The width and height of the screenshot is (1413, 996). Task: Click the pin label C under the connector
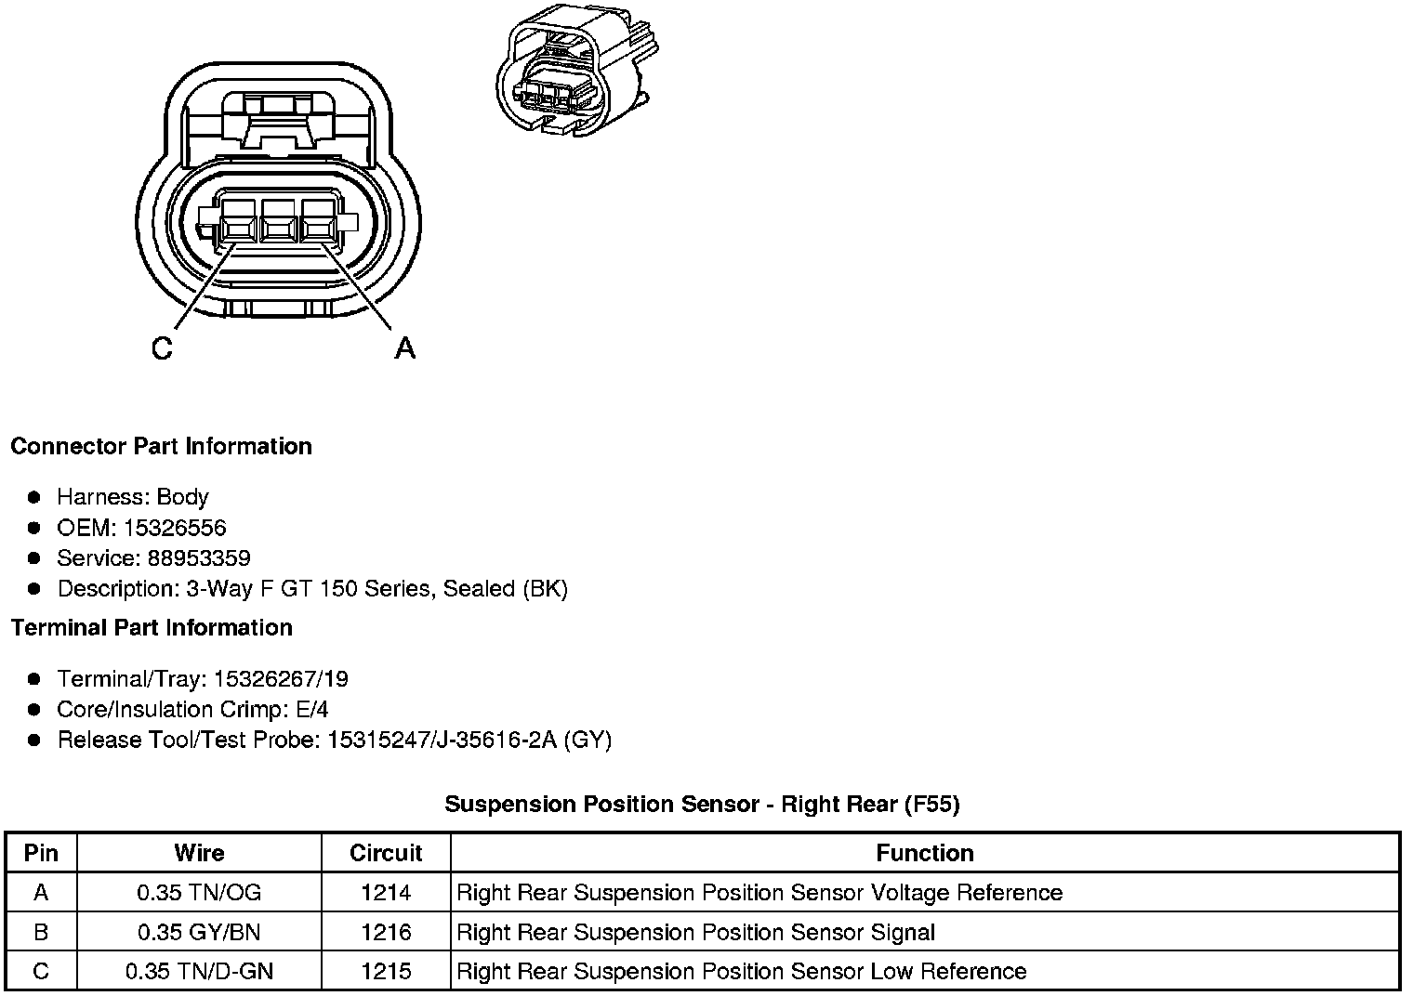162,348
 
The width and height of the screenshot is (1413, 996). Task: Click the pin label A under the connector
404,348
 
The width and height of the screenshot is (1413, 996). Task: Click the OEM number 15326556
175,528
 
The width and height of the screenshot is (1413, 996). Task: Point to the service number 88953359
199,558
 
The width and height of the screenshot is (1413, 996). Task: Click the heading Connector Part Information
161,446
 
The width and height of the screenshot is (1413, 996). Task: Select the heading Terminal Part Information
152,628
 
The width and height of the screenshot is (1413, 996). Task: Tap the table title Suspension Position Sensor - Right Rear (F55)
702,804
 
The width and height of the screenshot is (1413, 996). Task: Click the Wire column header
199,853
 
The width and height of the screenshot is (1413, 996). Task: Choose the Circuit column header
386,853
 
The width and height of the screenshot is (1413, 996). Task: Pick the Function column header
925,853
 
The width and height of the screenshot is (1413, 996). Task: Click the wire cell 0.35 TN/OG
199,893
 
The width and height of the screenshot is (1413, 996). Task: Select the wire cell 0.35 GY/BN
199,932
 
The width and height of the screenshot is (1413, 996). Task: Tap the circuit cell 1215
386,972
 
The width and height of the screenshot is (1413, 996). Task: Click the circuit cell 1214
386,893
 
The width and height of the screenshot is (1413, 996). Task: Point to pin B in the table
41,932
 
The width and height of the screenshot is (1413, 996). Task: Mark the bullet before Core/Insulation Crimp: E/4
34,710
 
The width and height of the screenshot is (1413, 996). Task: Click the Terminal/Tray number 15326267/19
281,679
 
